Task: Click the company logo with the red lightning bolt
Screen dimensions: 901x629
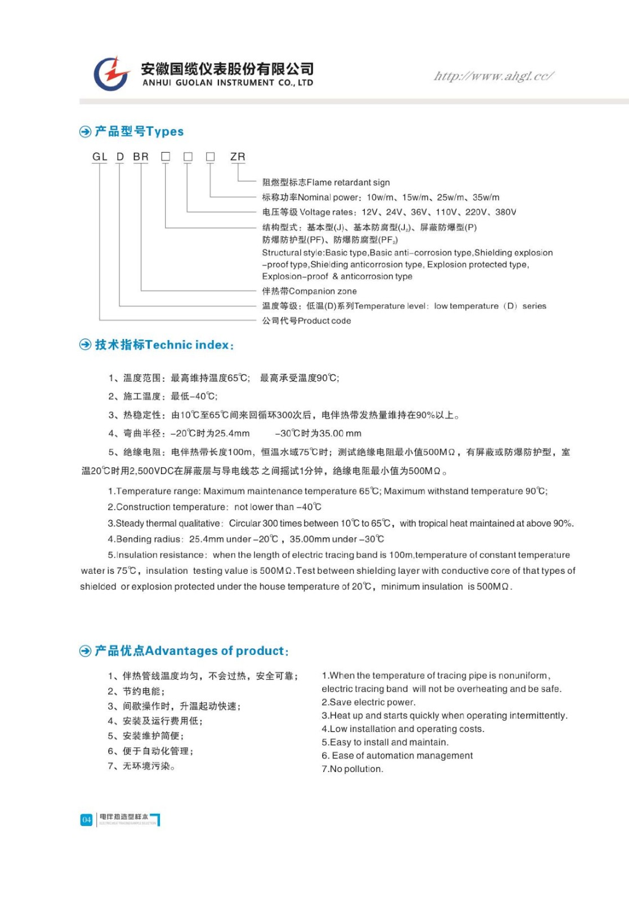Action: (112, 73)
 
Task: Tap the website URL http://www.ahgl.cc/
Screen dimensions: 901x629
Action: (493, 76)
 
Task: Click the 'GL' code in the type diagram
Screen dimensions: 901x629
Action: (100, 157)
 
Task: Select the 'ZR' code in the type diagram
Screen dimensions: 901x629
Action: (238, 157)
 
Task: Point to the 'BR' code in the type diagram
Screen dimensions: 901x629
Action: (141, 157)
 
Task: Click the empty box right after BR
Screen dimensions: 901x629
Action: (166, 157)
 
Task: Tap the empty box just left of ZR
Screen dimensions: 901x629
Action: (210, 157)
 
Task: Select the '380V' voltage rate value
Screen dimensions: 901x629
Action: (506, 212)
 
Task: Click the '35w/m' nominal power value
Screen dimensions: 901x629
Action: (486, 198)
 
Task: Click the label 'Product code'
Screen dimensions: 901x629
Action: (324, 321)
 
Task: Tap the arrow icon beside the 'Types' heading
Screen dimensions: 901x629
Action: (85, 132)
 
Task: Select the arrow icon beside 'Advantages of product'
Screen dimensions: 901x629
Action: (85, 651)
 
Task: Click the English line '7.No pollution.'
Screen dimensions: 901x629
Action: (353, 769)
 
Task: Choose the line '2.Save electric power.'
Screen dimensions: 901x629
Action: (368, 702)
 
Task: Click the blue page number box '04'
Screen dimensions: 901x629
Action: (86, 820)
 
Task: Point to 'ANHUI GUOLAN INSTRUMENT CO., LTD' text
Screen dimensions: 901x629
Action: (227, 83)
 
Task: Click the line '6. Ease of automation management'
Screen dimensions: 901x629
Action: (397, 756)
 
